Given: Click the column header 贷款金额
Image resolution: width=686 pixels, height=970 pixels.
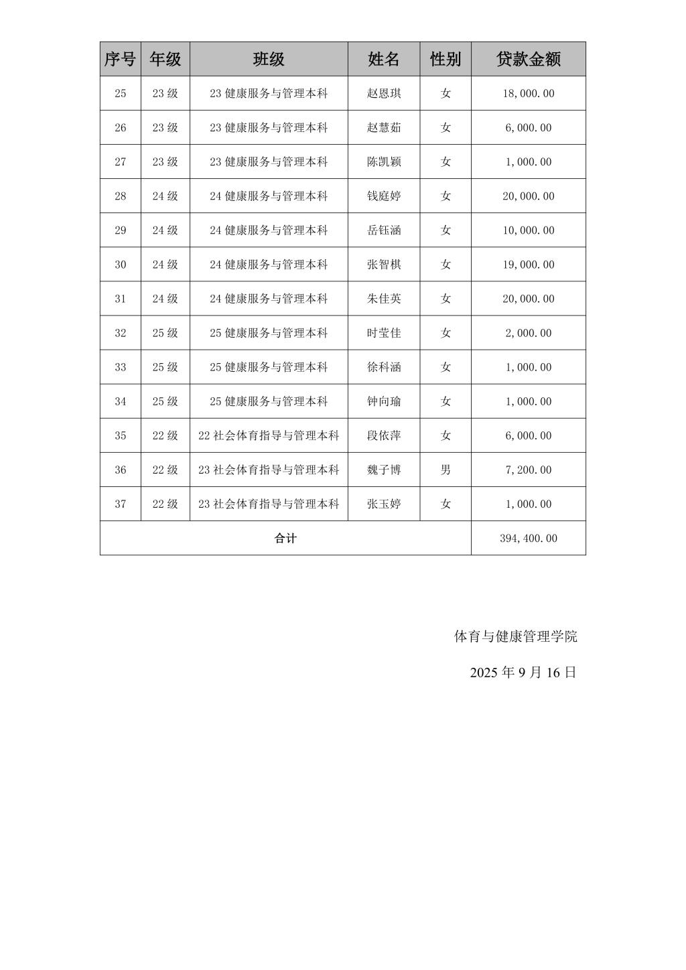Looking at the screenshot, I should coord(528,59).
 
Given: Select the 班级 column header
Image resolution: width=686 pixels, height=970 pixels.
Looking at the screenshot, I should coord(269,59).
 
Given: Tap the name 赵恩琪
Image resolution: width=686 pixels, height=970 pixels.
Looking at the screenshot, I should coord(384,94).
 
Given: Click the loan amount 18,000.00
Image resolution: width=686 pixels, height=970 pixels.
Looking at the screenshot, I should coord(528,94).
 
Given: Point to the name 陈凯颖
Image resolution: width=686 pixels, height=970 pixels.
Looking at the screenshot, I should coord(384,162).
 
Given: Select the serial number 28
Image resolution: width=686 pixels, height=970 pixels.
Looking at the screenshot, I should coord(121,196).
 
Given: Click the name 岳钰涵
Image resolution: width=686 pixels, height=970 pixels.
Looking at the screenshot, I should coord(384,230).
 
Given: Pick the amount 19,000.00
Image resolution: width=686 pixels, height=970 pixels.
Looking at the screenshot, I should coord(528,265).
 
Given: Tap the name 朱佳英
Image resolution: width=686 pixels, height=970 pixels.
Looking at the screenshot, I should coord(384,299).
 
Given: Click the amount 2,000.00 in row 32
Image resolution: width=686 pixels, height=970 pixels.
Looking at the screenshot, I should coord(528,333).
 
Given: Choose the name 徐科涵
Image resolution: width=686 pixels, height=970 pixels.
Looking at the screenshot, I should coord(384,367).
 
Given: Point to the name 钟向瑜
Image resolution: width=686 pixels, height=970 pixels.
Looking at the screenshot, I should coord(384,401).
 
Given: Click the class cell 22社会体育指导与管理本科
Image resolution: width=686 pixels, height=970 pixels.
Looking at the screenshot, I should coord(269,435).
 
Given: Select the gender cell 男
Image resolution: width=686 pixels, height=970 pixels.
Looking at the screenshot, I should coord(445,470).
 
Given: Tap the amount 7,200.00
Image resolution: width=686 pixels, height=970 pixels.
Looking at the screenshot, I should coord(528,470).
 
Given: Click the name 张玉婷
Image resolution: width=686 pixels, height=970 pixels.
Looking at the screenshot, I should coord(384,504).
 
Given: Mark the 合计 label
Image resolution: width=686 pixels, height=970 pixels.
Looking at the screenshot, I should coord(285,538).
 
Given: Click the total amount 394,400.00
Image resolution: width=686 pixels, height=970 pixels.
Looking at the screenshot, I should coord(528,538).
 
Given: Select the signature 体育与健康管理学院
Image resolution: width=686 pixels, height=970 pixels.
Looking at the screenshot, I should coord(515,636).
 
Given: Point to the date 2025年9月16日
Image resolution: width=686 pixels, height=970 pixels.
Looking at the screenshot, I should coord(523,673).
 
